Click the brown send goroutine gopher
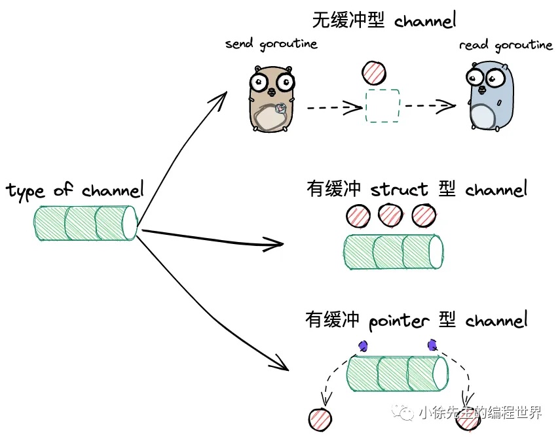coord(271,99)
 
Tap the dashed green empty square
coord(382,106)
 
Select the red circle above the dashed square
coord(373,73)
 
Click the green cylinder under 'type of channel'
coord(86,223)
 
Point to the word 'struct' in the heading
coord(399,189)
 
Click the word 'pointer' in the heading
coord(399,321)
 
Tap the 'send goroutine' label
coord(271,44)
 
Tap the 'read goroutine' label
coord(506,45)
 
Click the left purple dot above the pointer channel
coord(364,345)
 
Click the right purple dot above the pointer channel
coord(432,345)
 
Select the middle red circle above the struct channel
coord(390,215)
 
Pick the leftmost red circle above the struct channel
coord(358,216)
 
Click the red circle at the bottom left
coord(320,419)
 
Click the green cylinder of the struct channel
coord(394,251)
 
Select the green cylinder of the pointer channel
coord(397,374)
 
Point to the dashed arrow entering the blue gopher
coord(430,105)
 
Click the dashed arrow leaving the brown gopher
coord(335,107)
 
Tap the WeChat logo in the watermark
coord(403,413)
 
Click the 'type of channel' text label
coord(75,190)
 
